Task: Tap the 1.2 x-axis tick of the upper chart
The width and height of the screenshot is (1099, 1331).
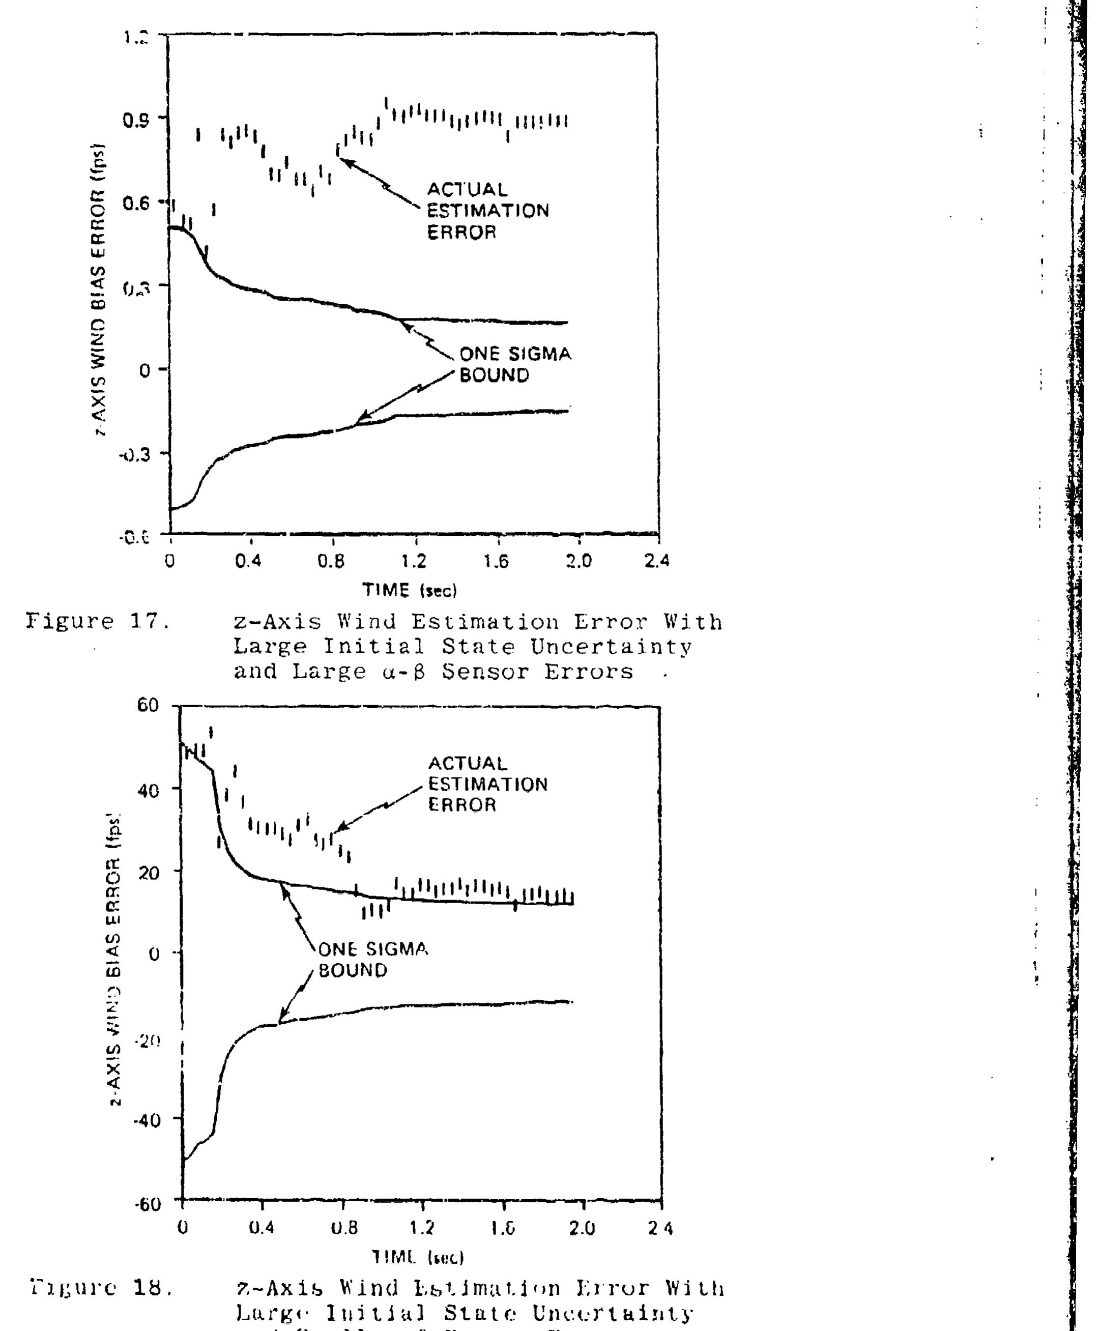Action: point(414,561)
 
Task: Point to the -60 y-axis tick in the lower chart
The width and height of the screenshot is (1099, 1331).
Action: point(148,1203)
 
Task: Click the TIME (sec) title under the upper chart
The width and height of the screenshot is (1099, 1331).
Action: point(409,591)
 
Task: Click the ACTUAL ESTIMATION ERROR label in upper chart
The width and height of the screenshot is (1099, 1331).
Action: point(487,211)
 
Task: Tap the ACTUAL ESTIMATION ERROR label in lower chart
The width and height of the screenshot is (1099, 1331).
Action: point(487,784)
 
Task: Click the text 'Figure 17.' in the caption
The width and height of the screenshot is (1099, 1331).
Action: point(98,622)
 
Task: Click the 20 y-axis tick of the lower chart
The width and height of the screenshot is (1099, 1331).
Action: point(150,872)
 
